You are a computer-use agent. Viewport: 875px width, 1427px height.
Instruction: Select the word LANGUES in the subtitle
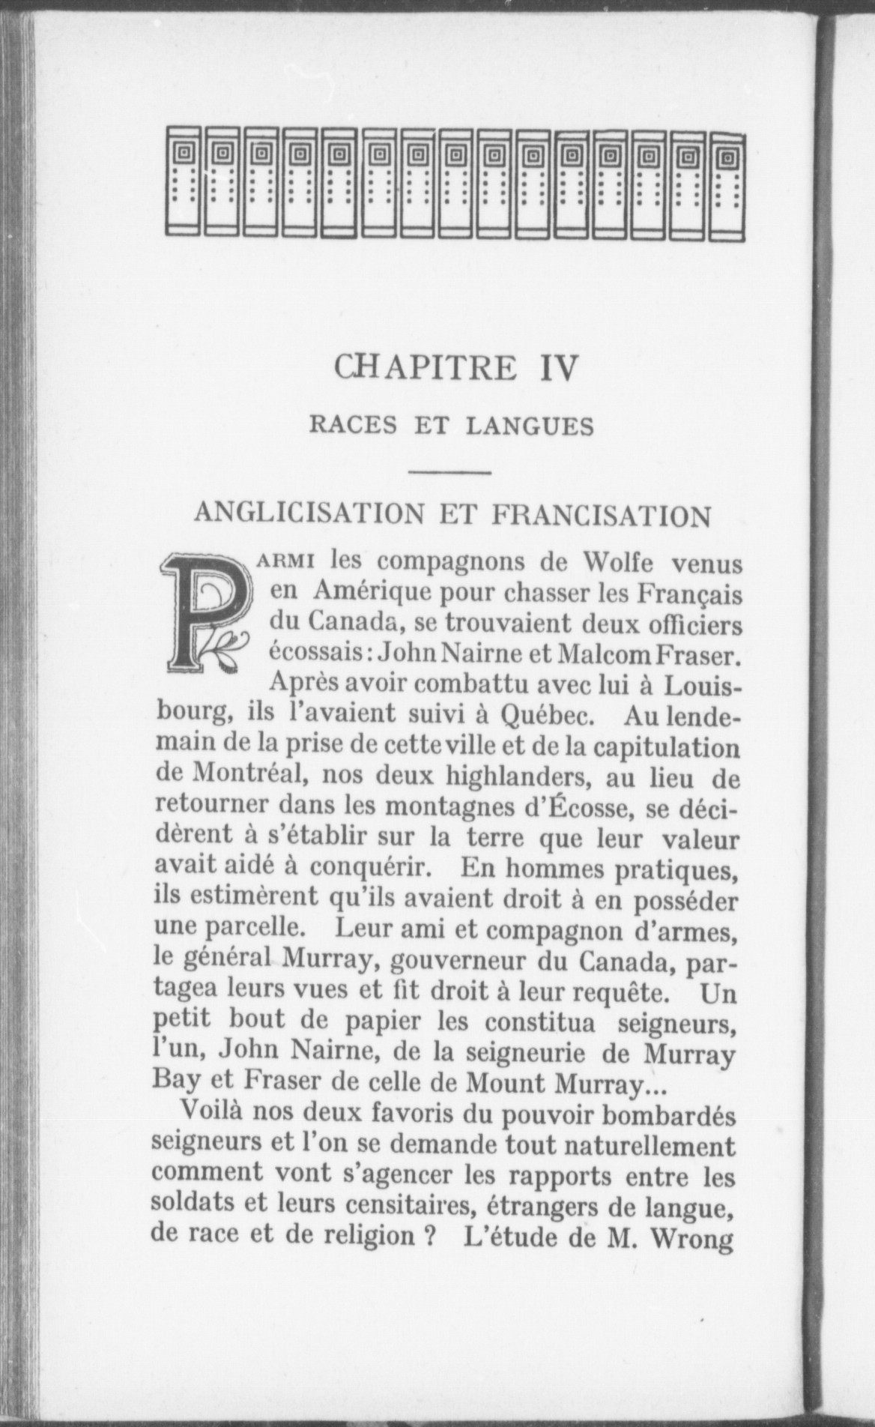tap(530, 426)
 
